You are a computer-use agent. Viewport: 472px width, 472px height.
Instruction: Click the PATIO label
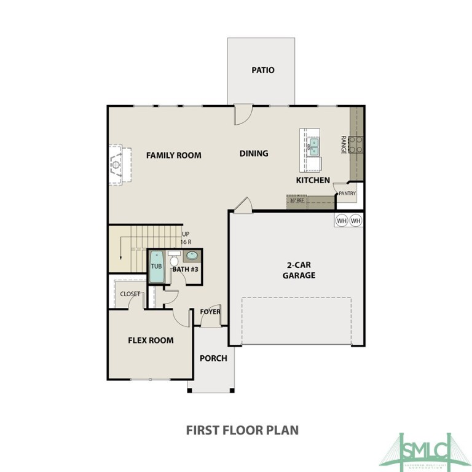click(262, 70)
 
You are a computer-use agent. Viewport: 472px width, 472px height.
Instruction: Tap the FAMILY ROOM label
click(173, 155)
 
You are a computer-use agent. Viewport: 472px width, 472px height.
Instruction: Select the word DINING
click(254, 153)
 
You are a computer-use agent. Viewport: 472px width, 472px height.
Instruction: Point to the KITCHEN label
click(313, 180)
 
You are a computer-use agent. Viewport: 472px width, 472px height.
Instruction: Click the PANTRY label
click(347, 194)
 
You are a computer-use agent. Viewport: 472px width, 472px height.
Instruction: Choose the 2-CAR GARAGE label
click(299, 270)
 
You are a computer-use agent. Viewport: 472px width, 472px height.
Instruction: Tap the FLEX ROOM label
click(151, 340)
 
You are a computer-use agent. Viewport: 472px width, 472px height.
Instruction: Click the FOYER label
click(210, 312)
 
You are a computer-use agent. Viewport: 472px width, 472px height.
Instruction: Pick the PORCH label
click(213, 358)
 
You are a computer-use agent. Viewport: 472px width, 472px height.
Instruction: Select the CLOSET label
click(130, 294)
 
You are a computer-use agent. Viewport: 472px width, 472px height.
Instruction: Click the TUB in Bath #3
click(157, 267)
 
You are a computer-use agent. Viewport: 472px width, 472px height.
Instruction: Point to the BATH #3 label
click(184, 269)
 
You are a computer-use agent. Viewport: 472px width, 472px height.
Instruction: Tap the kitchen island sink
click(313, 147)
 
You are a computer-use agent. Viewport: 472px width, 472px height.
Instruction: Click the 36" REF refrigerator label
click(297, 200)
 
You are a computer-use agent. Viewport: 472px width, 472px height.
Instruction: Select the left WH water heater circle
click(342, 220)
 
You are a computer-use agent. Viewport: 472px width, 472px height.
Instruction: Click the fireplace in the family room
click(116, 165)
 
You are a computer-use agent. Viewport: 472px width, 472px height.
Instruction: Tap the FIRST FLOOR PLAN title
click(242, 430)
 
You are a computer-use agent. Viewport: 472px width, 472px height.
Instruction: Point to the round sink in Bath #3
click(192, 256)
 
